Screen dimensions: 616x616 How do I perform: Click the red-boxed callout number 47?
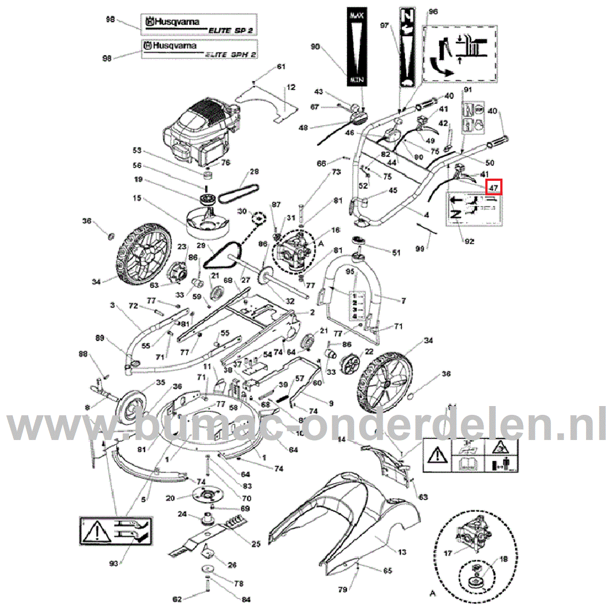[493, 187]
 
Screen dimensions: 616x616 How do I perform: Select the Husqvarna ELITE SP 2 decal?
[199, 25]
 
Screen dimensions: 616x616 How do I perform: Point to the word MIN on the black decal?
[356, 80]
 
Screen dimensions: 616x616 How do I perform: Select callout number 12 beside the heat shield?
[291, 87]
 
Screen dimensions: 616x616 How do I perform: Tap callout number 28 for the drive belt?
[254, 172]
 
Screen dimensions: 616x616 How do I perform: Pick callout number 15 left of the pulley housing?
[137, 198]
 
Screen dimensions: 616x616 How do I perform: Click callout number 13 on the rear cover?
[402, 552]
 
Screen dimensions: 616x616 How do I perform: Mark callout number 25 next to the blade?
[256, 544]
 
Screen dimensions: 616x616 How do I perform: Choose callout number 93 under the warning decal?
[114, 563]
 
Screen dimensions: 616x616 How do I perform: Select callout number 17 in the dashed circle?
[448, 553]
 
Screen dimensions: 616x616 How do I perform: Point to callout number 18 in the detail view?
[503, 559]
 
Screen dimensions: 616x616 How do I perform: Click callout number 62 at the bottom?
[177, 599]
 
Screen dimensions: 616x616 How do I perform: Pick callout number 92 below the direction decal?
[469, 241]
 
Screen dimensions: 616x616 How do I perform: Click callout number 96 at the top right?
[433, 11]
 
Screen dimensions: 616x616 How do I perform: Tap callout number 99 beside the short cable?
[420, 249]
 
